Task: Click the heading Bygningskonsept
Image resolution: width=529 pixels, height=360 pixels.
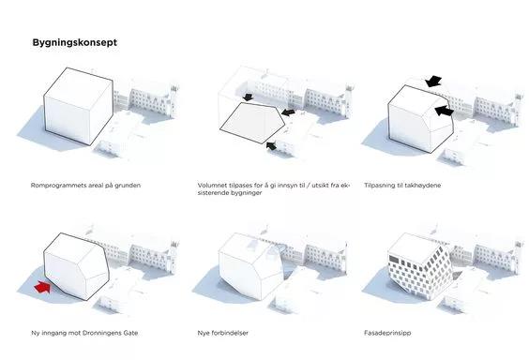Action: click(75, 43)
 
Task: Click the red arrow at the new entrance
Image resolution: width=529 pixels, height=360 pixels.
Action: click(42, 287)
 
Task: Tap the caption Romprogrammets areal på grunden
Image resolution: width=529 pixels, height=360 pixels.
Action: click(85, 186)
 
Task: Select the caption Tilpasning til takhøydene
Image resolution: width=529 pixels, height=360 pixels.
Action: click(402, 186)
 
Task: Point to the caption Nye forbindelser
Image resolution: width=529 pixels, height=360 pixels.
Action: click(223, 333)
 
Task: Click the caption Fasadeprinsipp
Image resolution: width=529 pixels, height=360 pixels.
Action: click(387, 333)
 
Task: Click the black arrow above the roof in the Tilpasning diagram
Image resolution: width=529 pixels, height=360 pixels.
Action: click(433, 81)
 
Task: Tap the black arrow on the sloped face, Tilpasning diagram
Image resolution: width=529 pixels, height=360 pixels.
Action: click(444, 111)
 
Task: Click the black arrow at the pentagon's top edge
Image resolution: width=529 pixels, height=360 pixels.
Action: click(248, 97)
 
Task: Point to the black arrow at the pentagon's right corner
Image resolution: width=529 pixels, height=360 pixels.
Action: click(288, 112)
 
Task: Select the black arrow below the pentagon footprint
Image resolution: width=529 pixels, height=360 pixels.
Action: click(271, 145)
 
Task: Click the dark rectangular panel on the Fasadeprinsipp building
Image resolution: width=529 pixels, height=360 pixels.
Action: click(394, 259)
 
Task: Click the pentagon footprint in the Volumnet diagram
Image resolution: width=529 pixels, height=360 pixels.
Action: click(252, 123)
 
